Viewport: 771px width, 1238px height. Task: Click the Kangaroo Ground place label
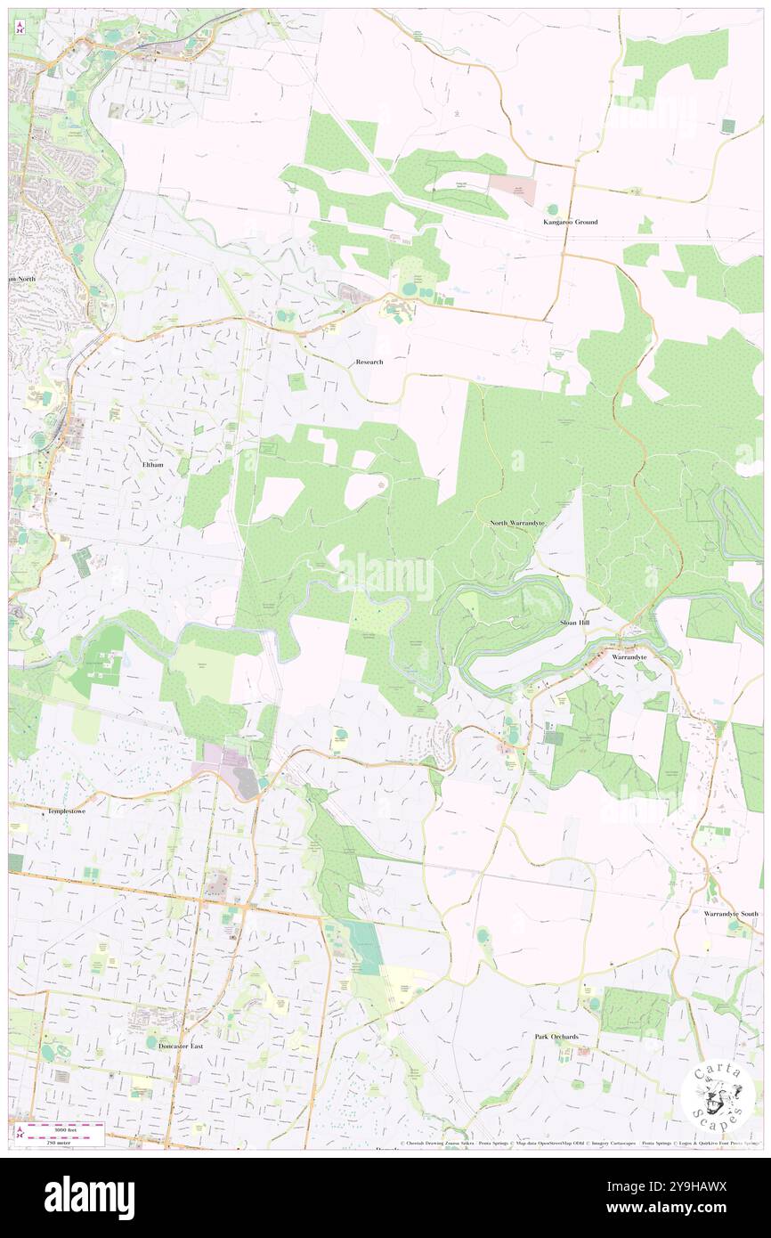[571, 222]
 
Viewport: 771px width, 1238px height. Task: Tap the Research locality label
[369, 362]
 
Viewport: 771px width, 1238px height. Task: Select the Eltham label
[153, 465]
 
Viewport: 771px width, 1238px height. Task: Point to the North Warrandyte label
[517, 523]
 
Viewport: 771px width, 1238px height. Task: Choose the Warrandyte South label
[730, 914]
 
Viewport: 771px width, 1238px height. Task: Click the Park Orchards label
[556, 1037]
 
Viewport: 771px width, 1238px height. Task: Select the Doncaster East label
[181, 1047]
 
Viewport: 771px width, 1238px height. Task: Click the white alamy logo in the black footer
[89, 1197]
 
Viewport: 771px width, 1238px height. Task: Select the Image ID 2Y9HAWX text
[686, 1187]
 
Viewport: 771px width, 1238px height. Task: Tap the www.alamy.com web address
[686, 1209]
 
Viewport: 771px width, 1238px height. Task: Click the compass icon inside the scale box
[20, 1132]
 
